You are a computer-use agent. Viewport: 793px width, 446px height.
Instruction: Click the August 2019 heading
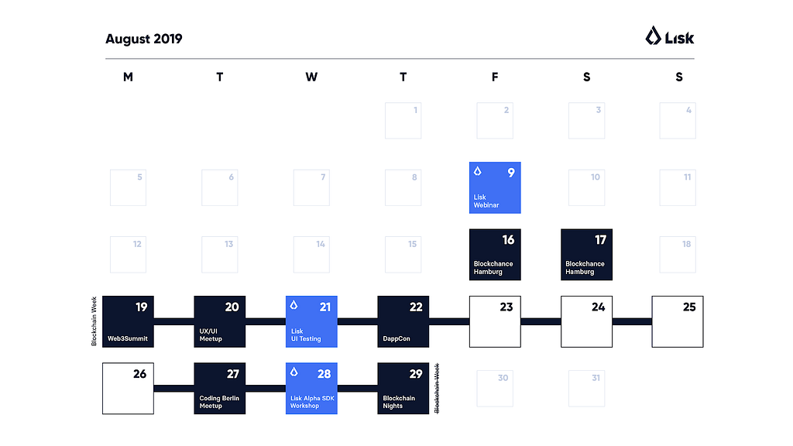point(144,39)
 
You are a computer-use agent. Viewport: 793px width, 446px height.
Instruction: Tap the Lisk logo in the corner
point(670,36)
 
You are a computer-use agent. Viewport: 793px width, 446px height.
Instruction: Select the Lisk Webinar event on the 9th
point(495,187)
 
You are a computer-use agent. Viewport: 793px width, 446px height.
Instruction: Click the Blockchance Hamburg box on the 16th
point(495,254)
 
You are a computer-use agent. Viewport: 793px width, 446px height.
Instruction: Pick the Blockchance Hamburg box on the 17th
point(586,254)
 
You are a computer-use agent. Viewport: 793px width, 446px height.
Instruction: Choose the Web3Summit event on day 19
point(128,321)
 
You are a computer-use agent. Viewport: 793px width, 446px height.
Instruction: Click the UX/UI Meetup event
point(220,321)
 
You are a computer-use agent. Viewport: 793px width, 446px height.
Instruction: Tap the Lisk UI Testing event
point(311,321)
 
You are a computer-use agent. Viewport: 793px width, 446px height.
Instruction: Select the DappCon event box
point(403,321)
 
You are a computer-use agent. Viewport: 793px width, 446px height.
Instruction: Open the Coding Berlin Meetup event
point(220,388)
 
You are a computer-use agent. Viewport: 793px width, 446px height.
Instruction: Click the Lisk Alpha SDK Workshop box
point(311,388)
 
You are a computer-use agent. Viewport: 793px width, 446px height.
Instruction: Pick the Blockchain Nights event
point(403,388)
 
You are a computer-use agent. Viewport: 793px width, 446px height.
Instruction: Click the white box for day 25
point(678,321)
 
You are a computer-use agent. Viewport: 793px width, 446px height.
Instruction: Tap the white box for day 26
point(128,388)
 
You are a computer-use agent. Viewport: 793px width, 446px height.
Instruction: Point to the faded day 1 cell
point(403,121)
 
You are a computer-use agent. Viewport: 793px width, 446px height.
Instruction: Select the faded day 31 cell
point(586,388)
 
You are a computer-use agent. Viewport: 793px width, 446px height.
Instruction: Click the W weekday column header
point(311,77)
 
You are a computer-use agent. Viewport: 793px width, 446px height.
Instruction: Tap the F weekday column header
point(495,77)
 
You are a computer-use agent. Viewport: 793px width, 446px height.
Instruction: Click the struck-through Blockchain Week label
point(437,388)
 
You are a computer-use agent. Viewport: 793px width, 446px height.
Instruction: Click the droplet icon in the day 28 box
point(294,372)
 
